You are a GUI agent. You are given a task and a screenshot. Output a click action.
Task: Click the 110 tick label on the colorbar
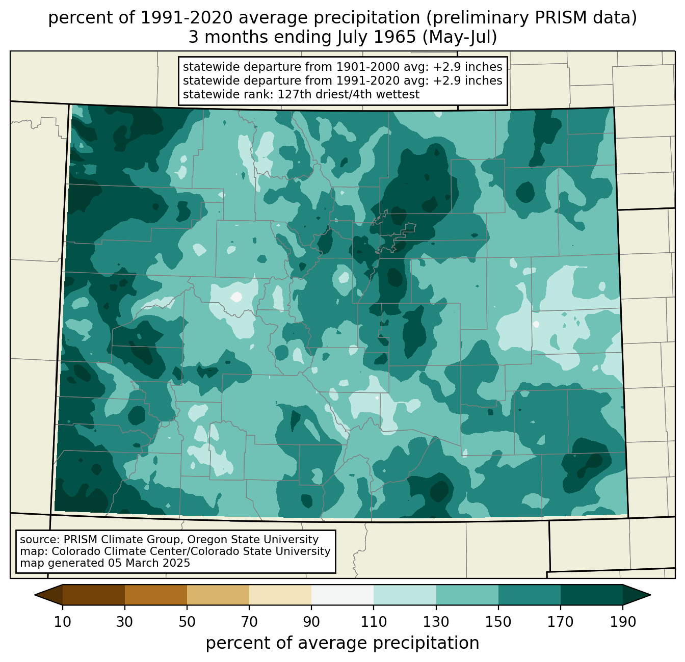point(374,622)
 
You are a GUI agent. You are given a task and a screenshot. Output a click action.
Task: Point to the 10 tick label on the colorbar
point(62,622)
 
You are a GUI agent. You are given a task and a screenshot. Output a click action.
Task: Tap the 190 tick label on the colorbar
point(623,622)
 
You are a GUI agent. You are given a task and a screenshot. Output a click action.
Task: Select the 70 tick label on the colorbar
point(249,622)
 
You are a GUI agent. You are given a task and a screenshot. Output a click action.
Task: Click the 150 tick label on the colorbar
point(498,622)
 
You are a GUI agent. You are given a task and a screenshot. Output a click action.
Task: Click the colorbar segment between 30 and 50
point(155,595)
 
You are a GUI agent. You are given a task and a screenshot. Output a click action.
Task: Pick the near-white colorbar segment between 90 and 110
point(342,595)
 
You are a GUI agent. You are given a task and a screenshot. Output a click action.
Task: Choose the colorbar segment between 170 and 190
point(591,595)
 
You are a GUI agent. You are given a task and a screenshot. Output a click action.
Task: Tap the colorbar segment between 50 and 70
point(218,595)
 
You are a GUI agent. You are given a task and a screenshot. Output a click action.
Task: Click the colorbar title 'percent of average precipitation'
point(342,643)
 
